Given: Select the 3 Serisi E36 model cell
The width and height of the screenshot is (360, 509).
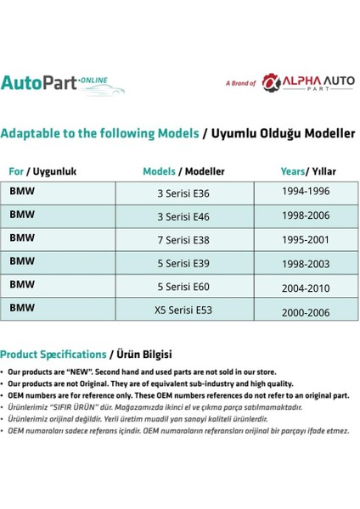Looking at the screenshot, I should (183, 193).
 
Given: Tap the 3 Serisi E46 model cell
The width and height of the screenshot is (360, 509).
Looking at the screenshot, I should (183, 216).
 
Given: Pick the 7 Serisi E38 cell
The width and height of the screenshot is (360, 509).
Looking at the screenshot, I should (183, 240).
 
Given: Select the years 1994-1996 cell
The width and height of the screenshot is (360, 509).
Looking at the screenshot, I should (306, 193).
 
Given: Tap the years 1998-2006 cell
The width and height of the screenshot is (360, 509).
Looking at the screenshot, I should (306, 216).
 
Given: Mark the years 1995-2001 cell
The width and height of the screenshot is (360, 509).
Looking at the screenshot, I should (306, 239).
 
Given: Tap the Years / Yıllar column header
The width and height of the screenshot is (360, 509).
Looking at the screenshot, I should (307, 171).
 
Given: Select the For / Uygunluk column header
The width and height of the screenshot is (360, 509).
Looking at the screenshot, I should (42, 171).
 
